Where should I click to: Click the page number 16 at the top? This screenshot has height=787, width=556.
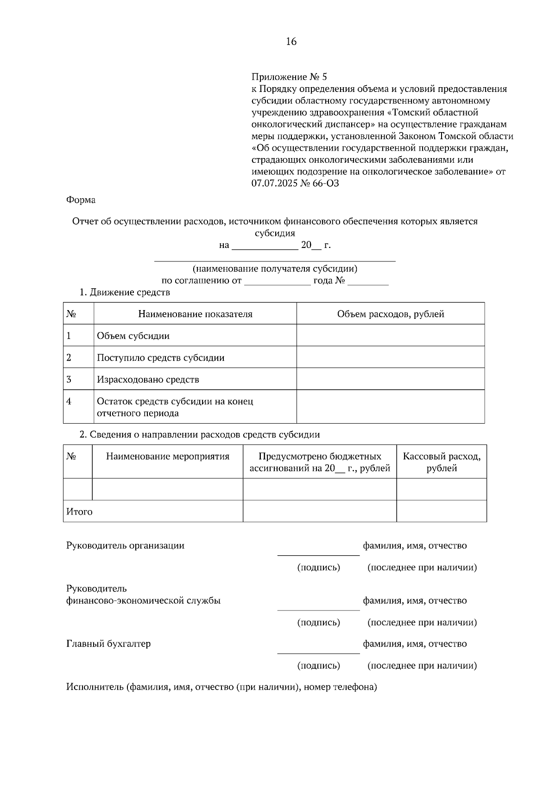[x=291, y=42]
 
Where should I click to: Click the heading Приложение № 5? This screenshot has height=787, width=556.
[x=289, y=76]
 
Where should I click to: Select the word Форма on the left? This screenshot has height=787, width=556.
[x=81, y=200]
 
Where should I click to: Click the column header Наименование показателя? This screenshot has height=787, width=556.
[x=195, y=314]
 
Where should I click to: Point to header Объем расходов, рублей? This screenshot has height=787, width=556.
[x=390, y=314]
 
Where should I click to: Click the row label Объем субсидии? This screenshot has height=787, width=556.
[x=133, y=336]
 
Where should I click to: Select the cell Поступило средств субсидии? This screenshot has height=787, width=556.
[x=160, y=358]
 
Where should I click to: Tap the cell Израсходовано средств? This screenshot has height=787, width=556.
[x=148, y=380]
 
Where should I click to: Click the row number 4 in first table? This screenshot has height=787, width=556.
[x=69, y=401]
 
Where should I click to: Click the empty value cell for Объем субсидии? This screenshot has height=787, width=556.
[x=390, y=335]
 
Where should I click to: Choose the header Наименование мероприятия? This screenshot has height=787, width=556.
[x=167, y=457]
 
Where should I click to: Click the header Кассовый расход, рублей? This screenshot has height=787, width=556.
[x=441, y=462]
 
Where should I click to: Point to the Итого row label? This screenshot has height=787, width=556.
[x=79, y=512]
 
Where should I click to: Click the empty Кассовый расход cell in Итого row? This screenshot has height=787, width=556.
[x=441, y=511]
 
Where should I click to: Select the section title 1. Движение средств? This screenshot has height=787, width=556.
[x=125, y=292]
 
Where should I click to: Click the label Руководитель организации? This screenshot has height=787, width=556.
[x=125, y=546]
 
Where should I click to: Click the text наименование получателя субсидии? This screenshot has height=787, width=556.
[x=275, y=269]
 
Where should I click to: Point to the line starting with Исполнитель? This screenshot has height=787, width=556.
[x=221, y=687]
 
